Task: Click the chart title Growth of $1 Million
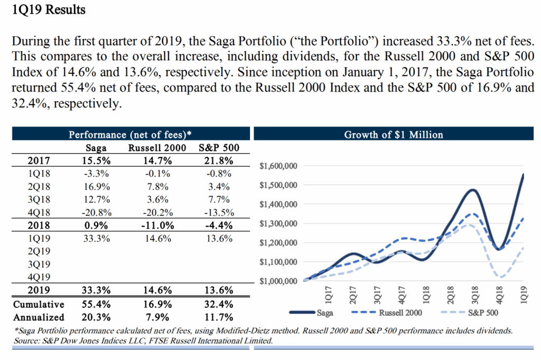394,135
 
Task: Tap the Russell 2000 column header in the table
157,148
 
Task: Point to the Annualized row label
39,317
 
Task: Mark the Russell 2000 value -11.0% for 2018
157,226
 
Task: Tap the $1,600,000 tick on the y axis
279,166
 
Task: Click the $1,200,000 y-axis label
279,243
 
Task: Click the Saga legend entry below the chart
317,313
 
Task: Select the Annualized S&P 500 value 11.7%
218,317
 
